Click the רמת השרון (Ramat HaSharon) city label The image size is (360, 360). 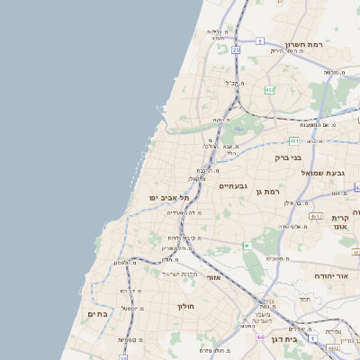click(303, 44)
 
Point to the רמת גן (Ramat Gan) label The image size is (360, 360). click(269, 191)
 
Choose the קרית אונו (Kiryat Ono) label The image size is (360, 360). click(339, 224)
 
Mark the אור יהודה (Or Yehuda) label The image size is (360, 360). click(330, 275)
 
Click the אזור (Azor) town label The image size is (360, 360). click(213, 277)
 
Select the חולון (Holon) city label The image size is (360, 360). click(185, 306)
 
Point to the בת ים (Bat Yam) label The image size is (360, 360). click(97, 313)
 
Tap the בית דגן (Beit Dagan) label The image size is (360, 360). click(283, 338)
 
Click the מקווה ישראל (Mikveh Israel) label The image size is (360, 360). click(177, 273)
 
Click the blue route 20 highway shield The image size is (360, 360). click(236, 50)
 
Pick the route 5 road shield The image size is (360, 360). click(260, 41)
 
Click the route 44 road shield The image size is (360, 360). click(258, 337)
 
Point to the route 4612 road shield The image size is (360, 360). click(315, 216)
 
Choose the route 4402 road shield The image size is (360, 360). click(333, 346)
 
